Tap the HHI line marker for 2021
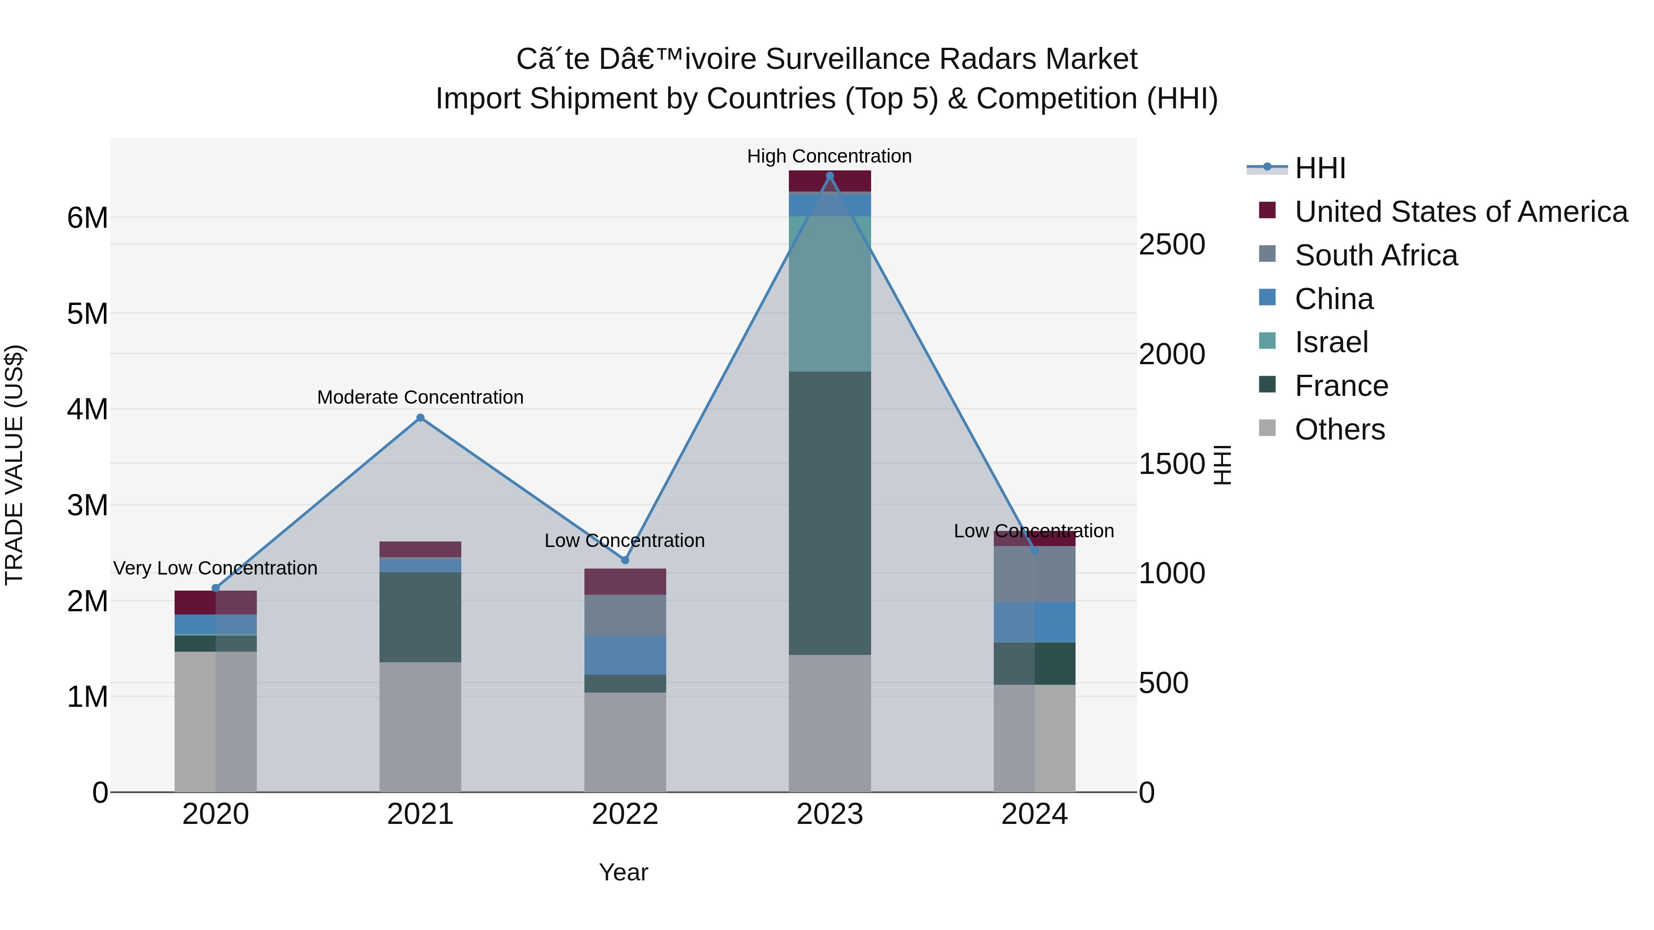coord(420,418)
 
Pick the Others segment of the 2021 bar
coord(420,727)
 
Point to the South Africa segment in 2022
coord(625,615)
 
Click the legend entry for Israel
coord(1331,342)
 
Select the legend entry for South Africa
coord(1375,255)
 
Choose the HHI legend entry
coord(1320,168)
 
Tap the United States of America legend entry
coord(1461,212)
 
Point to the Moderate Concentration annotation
coord(420,397)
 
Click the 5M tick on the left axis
coord(87,314)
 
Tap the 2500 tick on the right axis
coord(1171,244)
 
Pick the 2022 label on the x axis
coord(625,814)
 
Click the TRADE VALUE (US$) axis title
coord(14,465)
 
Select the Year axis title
coord(623,872)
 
